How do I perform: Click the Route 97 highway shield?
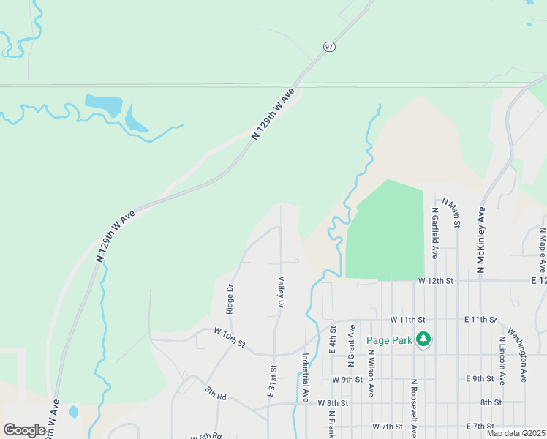pyautogui.click(x=329, y=47)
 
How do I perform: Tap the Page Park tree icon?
pyautogui.click(x=423, y=339)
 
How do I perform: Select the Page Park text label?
pyautogui.click(x=389, y=339)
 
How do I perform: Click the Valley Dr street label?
pyautogui.click(x=280, y=290)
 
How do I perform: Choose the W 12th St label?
pyautogui.click(x=436, y=280)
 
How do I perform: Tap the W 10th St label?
pyautogui.click(x=230, y=337)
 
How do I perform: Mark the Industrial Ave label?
pyautogui.click(x=306, y=378)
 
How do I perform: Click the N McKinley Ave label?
pyautogui.click(x=481, y=241)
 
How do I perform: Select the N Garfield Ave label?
pyautogui.click(x=434, y=232)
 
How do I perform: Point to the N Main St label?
pyautogui.click(x=453, y=211)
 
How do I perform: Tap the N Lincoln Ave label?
pyautogui.click(x=502, y=361)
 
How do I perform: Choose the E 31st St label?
pyautogui.click(x=272, y=381)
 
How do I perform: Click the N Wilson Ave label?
pyautogui.click(x=371, y=373)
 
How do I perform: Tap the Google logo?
pyautogui.click(x=24, y=430)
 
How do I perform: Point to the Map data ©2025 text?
pyautogui.click(x=516, y=433)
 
